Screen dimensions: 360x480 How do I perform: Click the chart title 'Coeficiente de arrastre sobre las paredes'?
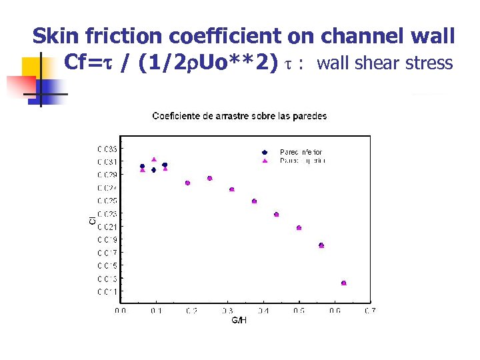pyautogui.click(x=239, y=116)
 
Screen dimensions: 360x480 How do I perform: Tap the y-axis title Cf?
pyautogui.click(x=91, y=218)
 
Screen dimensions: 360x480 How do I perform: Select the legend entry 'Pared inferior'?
pyautogui.click(x=301, y=152)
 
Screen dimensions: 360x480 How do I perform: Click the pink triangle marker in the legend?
pyautogui.click(x=265, y=161)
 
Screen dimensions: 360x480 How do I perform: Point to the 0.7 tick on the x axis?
pyautogui.click(x=370, y=310)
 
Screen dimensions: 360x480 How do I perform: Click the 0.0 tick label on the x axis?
pyautogui.click(x=121, y=310)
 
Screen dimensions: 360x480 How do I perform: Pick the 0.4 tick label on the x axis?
pyautogui.click(x=263, y=310)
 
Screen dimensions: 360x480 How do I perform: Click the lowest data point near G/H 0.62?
pyautogui.click(x=344, y=283)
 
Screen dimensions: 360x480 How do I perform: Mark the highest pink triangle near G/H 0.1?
pyautogui.click(x=154, y=159)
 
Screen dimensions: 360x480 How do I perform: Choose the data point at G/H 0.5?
pyautogui.click(x=299, y=228)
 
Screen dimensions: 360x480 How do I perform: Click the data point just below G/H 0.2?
pyautogui.click(x=187, y=183)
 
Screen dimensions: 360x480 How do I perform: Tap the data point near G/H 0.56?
pyautogui.click(x=321, y=245)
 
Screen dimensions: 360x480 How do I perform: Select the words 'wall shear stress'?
pyautogui.click(x=385, y=64)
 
